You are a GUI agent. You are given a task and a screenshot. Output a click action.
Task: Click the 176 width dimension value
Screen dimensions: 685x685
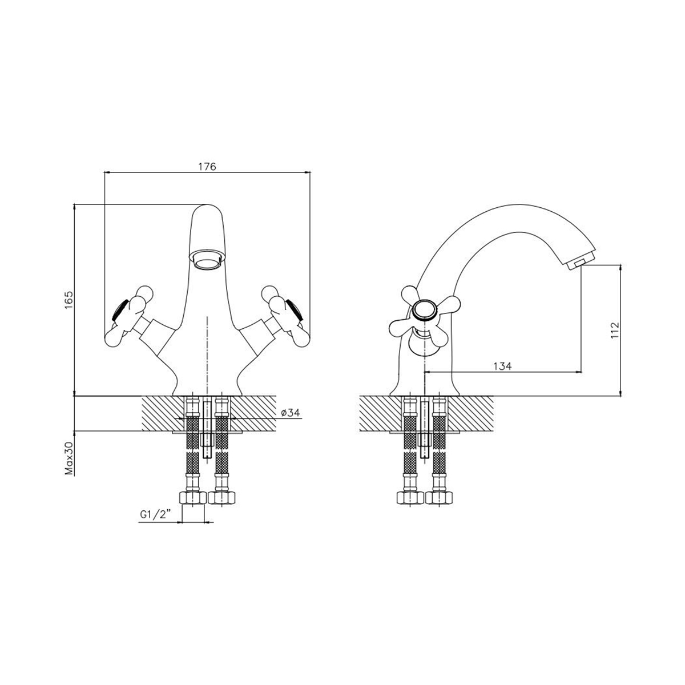click(x=207, y=166)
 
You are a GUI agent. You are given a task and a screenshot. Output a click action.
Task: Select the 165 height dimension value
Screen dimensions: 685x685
click(x=68, y=300)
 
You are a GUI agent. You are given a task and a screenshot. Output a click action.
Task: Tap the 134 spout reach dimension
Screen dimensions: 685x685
click(x=502, y=366)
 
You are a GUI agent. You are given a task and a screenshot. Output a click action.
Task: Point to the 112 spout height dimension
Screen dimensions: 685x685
click(x=615, y=331)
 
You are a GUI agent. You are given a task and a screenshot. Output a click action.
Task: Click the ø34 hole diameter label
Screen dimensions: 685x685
click(x=291, y=412)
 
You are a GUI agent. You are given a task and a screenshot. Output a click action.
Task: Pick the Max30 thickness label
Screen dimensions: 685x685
click(x=68, y=458)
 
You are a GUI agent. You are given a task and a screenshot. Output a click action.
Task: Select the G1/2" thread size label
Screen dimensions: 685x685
click(x=155, y=515)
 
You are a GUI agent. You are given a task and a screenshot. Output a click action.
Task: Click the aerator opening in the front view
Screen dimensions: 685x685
click(x=207, y=260)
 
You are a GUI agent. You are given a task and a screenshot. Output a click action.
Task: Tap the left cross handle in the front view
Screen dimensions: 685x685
click(x=130, y=315)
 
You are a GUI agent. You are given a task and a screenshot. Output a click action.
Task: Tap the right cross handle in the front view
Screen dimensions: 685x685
click(x=285, y=315)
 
